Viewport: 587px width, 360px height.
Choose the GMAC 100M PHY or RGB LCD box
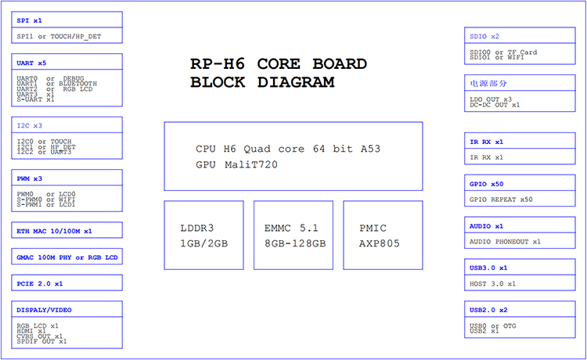(x=67, y=257)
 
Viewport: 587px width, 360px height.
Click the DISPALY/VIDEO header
(x=45, y=310)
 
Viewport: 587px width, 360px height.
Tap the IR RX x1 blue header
(x=488, y=142)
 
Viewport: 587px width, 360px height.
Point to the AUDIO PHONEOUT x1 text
(x=506, y=242)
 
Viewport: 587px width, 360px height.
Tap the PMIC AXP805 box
(x=383, y=236)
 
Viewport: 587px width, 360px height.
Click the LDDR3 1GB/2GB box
(x=203, y=236)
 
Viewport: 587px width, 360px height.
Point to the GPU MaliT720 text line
(x=237, y=164)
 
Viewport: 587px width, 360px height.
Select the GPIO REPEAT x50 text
(x=502, y=200)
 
